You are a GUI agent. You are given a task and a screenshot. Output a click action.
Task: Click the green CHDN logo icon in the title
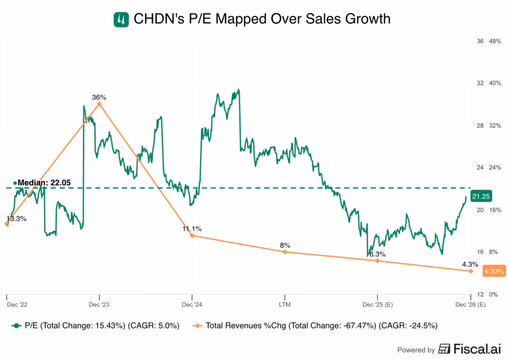121,19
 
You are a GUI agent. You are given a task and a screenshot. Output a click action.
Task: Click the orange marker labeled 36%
99,104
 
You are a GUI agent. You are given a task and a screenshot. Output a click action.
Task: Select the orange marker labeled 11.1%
192,236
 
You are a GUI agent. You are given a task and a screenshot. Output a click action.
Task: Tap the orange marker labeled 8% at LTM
285,252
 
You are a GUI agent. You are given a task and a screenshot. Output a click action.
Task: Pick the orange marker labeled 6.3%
378,260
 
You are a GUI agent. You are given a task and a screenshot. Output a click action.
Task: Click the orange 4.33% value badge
494,271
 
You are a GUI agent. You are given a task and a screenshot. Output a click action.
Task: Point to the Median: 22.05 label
43,183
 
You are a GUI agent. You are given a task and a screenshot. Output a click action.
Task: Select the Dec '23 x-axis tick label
99,304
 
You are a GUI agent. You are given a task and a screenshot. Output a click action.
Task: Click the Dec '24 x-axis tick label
192,304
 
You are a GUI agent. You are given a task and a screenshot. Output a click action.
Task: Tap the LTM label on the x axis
285,304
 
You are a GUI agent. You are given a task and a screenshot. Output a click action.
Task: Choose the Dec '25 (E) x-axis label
378,304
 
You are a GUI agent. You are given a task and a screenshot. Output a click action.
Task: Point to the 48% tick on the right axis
495,41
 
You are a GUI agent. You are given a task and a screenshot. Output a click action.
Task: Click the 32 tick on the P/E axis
480,83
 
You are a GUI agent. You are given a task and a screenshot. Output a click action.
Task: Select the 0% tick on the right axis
493,294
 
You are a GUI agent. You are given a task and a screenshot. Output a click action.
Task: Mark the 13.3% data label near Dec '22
16,218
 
